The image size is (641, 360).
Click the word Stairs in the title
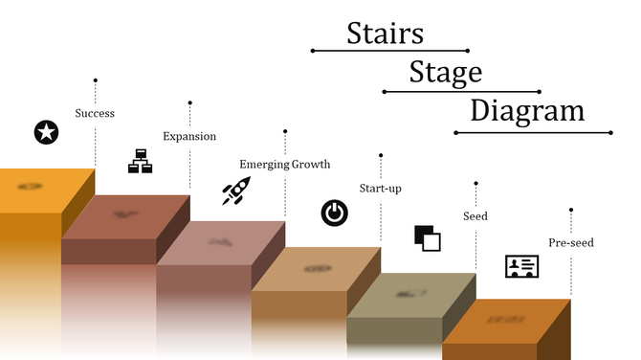point(385,34)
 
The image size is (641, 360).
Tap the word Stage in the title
point(445,72)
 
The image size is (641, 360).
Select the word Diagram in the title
point(527,110)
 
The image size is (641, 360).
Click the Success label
point(95,113)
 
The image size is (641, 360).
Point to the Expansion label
point(189,136)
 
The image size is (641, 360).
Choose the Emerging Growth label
point(284,164)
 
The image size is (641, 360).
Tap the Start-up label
point(380,188)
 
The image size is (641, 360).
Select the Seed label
point(475,216)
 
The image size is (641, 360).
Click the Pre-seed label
point(570,242)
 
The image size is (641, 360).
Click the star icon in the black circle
point(45,132)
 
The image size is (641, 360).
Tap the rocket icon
point(235,191)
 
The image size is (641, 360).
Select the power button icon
point(334,212)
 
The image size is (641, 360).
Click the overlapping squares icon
point(428,237)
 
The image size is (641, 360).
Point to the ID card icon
point(521,266)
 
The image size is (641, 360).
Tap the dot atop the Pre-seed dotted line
point(571,209)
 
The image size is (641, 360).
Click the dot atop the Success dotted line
point(95,80)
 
